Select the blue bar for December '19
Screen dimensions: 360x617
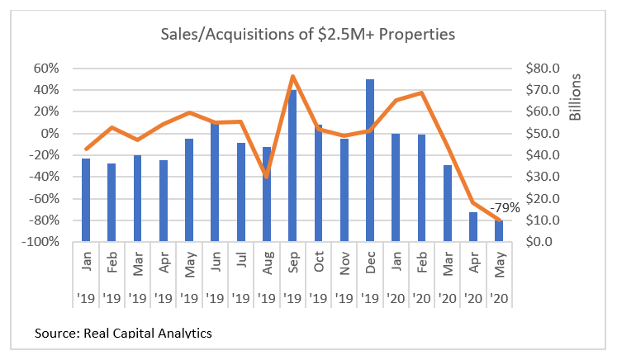[369, 161]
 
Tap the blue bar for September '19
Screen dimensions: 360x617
[292, 165]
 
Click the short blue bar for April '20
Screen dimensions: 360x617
[473, 227]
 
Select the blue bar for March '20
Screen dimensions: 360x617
[448, 203]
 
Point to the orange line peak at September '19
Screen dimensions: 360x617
[293, 77]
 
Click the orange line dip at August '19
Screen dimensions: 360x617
[266, 176]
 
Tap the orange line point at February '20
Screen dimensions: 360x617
[422, 92]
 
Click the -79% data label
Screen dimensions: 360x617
[505, 207]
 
